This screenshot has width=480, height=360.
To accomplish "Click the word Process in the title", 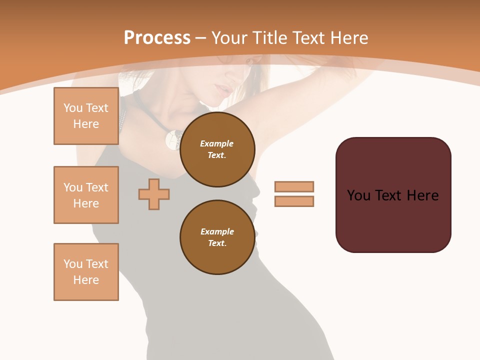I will (157, 38).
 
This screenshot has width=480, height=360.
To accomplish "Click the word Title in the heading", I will (269, 38).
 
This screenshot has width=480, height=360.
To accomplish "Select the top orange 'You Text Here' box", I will (86, 116).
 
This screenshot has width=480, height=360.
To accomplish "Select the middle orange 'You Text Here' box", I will (86, 195).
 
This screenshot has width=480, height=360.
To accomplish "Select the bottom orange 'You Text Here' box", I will (86, 272).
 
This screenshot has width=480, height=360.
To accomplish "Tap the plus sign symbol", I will (154, 194).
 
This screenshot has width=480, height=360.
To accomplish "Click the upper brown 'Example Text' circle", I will (217, 149).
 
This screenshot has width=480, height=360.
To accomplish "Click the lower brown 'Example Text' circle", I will (217, 237).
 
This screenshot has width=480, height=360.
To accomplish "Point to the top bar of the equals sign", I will (294, 186).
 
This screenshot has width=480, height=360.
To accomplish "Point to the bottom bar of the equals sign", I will (294, 201).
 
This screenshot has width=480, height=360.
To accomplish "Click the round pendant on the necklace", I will (173, 139).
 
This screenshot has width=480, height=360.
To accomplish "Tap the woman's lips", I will (221, 90).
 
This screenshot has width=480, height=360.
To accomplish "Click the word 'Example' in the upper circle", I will (217, 143).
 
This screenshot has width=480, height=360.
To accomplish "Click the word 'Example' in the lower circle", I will (217, 231).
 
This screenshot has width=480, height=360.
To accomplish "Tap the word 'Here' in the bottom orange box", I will (86, 280).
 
